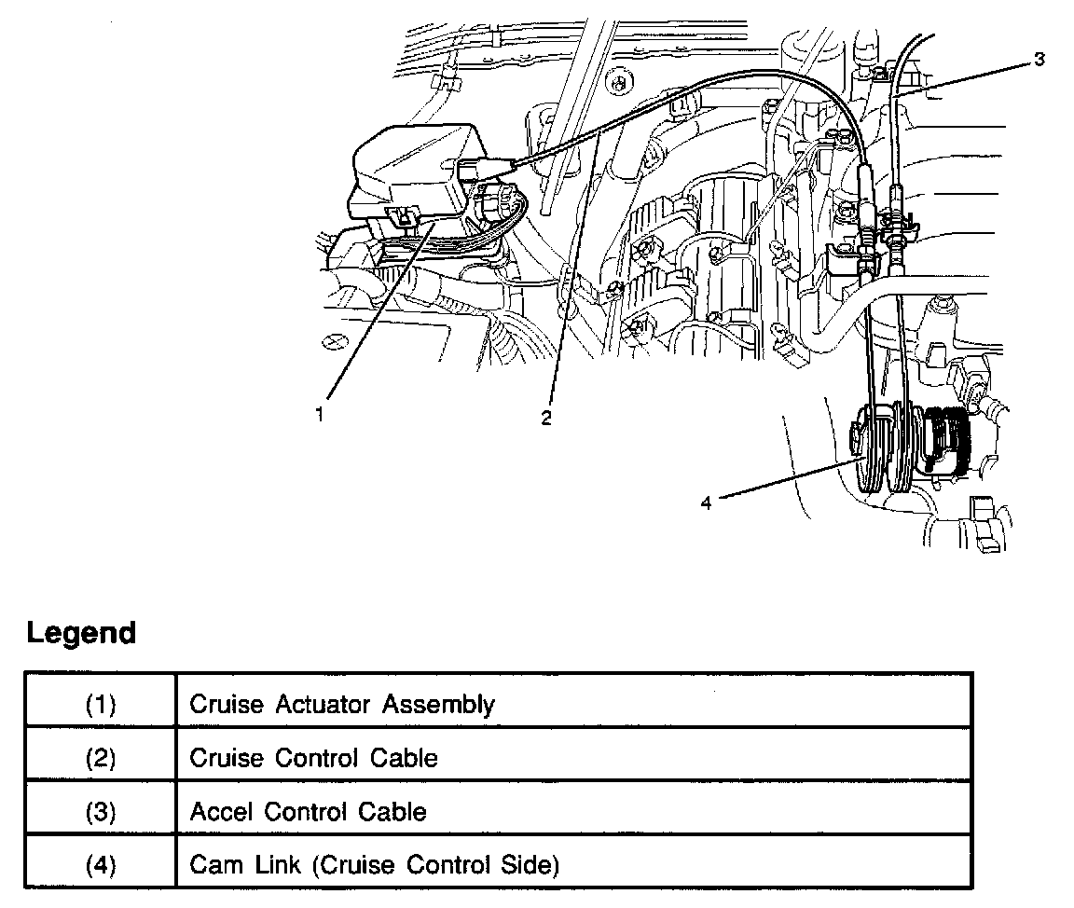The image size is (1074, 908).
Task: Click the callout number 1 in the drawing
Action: coord(320,416)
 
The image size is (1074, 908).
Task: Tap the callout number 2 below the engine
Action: coord(546,419)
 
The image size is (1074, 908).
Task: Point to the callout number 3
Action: coord(1039,60)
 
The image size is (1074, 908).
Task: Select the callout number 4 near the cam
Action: coord(706,503)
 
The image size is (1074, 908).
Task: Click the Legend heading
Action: coord(81,633)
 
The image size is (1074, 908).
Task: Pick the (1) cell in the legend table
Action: coord(101,704)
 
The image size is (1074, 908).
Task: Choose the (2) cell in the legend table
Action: coord(101,758)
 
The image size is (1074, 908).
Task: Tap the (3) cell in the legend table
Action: coord(101,812)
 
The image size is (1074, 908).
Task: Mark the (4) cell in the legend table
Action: coord(101,866)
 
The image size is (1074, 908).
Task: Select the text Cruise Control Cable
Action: coord(313,758)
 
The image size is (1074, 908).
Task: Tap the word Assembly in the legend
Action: coord(438,705)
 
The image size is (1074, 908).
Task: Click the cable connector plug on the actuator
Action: coord(480,169)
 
